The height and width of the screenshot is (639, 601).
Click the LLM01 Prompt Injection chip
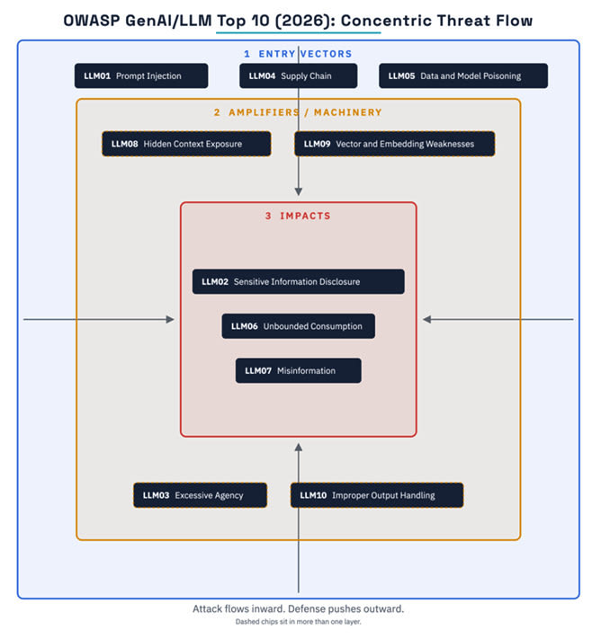[141, 75]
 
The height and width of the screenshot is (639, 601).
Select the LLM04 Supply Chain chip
[299, 75]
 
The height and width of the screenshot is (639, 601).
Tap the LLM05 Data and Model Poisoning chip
[463, 75]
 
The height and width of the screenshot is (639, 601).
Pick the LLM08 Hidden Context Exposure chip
[186, 144]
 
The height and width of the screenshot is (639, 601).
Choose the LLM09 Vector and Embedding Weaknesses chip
[395, 144]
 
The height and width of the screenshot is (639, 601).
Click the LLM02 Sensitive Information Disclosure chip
[299, 281]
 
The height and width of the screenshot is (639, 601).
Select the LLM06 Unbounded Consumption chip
[299, 326]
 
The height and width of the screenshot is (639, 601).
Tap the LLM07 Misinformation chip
[299, 370]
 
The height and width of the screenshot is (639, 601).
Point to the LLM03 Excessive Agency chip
[201, 495]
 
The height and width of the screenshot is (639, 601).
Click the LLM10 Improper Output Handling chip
[377, 495]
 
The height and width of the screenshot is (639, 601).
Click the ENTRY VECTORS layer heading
[298, 54]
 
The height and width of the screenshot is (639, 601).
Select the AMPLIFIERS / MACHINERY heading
[298, 112]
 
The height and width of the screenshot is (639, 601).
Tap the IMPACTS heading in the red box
[298, 216]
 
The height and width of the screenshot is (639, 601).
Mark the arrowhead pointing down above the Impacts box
[299, 192]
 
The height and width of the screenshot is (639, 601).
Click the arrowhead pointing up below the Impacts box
[299, 447]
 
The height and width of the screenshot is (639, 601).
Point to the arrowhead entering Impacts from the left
[171, 320]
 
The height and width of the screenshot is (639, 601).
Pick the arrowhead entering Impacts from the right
[426, 320]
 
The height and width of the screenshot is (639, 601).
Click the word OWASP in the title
[92, 21]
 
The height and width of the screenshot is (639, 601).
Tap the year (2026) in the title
[302, 21]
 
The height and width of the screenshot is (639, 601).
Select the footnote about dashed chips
[299, 622]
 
